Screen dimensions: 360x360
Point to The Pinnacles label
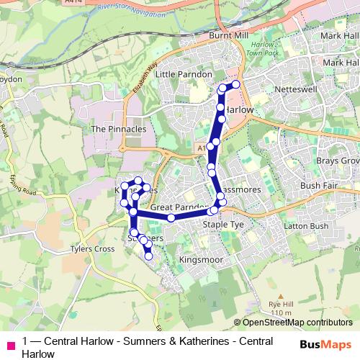(x=119, y=129)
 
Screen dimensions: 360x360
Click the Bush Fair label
(x=319, y=185)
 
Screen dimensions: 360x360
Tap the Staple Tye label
(x=223, y=225)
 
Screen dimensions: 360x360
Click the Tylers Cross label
(x=92, y=249)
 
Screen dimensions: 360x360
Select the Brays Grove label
(x=338, y=161)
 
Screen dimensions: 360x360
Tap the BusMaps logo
(x=325, y=344)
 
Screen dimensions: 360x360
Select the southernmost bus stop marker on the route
(x=149, y=256)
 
